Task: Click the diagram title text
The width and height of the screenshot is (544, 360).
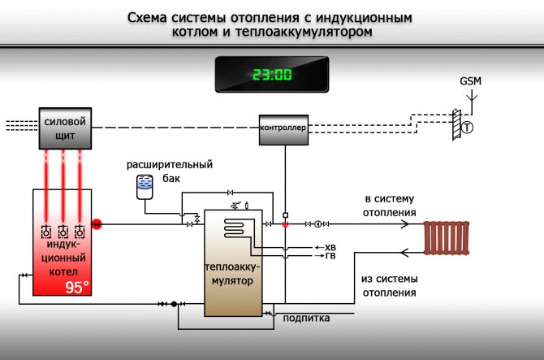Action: pos(272,25)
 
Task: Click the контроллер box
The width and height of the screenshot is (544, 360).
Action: pos(283,128)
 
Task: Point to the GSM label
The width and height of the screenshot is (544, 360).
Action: pos(471,82)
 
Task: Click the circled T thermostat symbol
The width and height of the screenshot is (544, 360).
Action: pos(468,128)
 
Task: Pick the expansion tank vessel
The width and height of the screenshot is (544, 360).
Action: pos(144,186)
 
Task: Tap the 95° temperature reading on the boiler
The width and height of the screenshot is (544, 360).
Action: pos(78,287)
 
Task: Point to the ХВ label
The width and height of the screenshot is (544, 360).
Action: pos(330,247)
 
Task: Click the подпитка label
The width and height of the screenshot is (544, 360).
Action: pos(306,318)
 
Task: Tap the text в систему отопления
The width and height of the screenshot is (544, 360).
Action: pos(390,206)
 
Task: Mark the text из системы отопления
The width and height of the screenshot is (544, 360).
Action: pos(390,284)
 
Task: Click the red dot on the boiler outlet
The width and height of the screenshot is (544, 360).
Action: pos(96,223)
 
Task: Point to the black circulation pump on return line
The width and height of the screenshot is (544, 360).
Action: pos(174,304)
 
